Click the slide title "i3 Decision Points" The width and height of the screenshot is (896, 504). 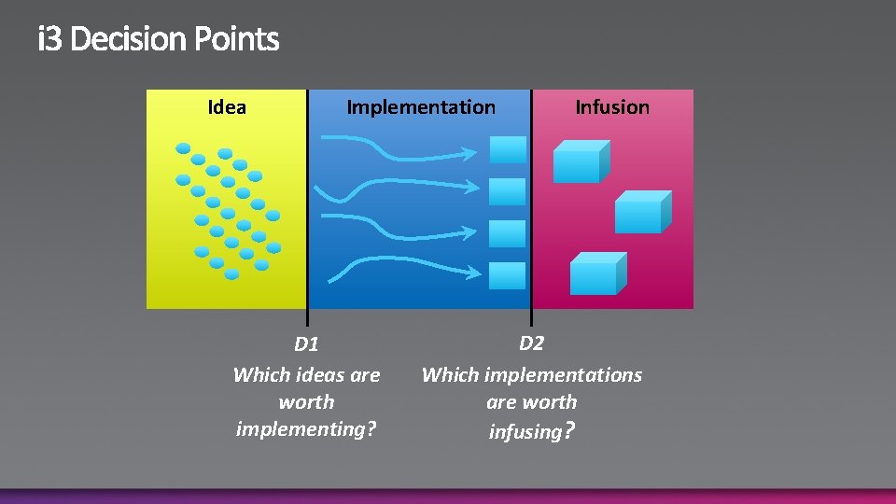(x=159, y=40)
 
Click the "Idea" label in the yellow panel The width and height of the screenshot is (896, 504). (x=227, y=107)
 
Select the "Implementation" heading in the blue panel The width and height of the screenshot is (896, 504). (x=421, y=107)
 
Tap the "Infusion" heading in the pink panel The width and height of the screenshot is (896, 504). (x=612, y=107)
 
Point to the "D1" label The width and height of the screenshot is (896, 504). (x=306, y=344)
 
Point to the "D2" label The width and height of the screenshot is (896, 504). (x=531, y=343)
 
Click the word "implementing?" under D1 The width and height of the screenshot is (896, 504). (x=306, y=429)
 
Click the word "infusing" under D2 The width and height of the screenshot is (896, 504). (x=525, y=431)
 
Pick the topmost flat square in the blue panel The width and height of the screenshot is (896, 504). (x=509, y=149)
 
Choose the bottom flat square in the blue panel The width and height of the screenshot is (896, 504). (x=509, y=275)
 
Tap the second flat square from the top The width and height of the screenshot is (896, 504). (x=509, y=191)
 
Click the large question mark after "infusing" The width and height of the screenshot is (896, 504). (x=570, y=430)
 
